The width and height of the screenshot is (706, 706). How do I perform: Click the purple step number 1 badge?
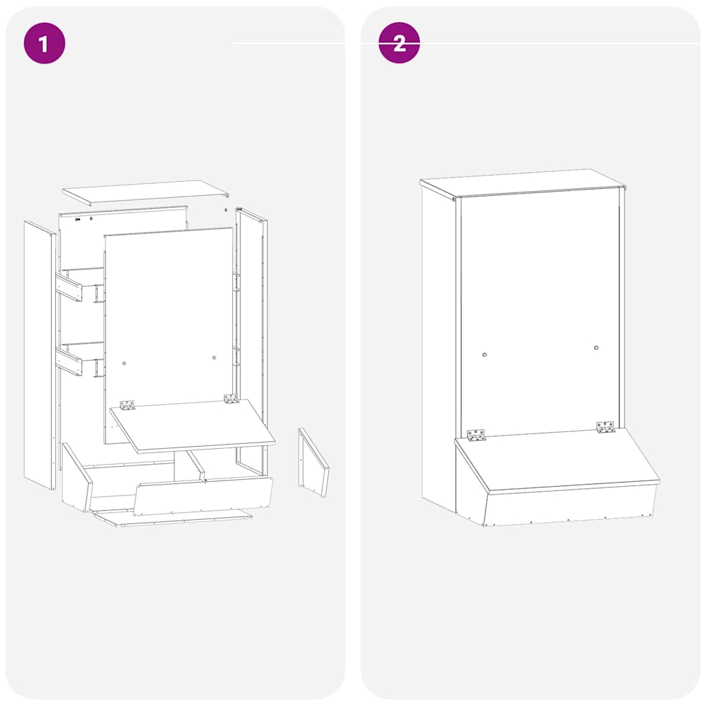coord(44,43)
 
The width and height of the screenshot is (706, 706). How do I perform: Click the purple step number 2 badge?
coord(399,43)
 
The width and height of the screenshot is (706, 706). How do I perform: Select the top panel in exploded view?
coord(145,192)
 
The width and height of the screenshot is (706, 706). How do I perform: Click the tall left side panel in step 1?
coord(39,355)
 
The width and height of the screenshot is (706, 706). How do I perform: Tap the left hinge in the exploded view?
coord(128,405)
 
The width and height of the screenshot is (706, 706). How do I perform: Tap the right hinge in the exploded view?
coord(231,399)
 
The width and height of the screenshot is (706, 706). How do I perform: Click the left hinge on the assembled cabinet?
coord(476,435)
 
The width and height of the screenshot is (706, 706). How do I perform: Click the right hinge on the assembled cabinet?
coord(605,427)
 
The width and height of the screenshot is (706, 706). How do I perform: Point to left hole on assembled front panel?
coord(485,354)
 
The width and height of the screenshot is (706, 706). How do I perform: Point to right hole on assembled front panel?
coord(596,347)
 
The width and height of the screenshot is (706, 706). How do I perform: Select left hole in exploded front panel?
coord(125,363)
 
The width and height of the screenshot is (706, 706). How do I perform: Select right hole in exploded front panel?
coord(214,358)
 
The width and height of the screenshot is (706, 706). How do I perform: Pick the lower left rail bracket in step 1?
coord(69,361)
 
